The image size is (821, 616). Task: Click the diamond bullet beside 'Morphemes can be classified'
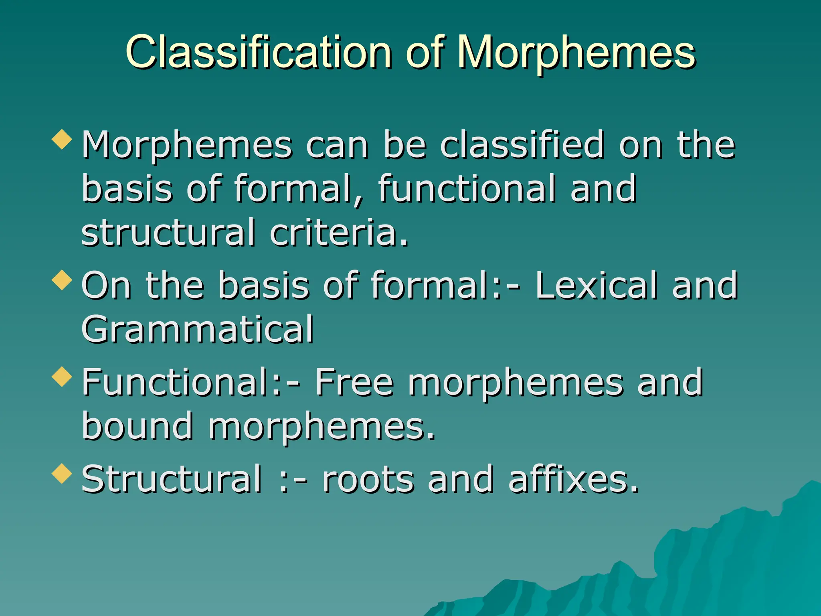62,139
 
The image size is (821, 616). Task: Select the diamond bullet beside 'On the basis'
62,280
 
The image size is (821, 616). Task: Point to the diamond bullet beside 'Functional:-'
62,377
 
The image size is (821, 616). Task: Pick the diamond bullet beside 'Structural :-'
62,474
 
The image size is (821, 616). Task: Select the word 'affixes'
573,479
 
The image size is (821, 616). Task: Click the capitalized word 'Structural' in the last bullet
172,479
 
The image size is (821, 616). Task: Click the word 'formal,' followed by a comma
298,189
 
